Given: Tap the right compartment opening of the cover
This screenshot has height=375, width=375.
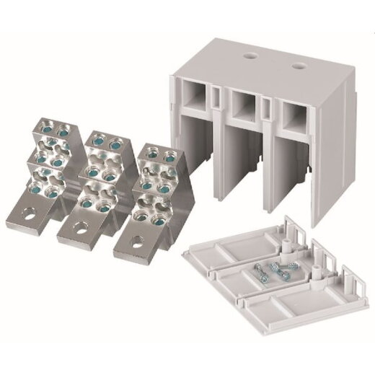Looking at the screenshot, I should click(286, 117).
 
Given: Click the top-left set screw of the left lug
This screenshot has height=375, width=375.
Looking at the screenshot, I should click(43, 129).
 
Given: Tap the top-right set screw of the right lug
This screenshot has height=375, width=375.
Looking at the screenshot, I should click(168, 154).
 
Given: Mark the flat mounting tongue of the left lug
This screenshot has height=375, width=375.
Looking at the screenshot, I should click(29, 210).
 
